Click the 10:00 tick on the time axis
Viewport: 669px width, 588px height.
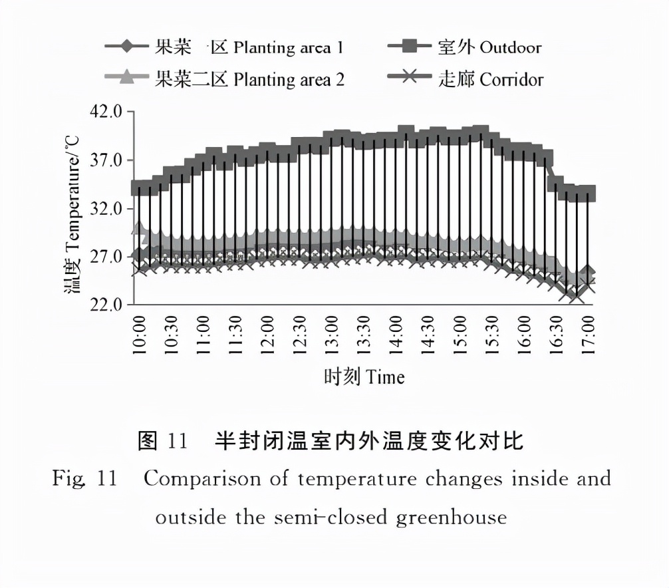(x=140, y=336)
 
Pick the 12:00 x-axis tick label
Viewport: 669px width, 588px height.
(x=268, y=336)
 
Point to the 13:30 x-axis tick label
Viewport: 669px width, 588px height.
(x=364, y=336)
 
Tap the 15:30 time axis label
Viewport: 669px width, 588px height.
(x=493, y=336)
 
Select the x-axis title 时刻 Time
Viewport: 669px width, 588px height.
(x=364, y=377)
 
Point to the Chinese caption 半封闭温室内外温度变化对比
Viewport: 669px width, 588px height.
(x=369, y=440)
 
